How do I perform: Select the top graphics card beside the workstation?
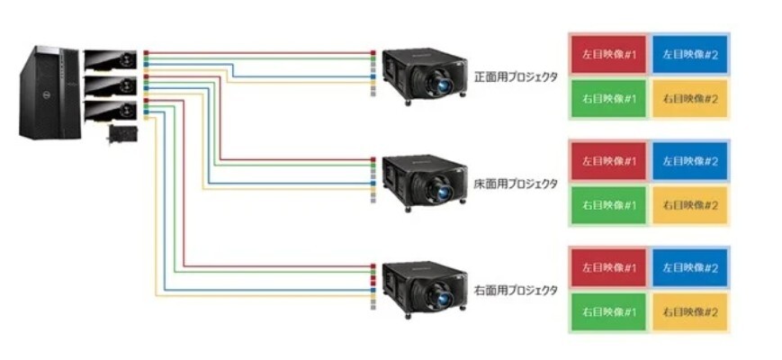tap(111, 61)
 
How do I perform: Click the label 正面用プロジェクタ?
tap(517, 77)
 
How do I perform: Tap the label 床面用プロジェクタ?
tap(516, 184)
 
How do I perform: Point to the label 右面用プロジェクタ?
tap(516, 291)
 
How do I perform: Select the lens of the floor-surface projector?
tap(444, 193)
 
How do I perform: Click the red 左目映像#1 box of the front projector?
tap(607, 55)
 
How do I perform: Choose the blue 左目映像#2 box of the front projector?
tap(689, 55)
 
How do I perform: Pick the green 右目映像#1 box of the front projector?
tap(607, 99)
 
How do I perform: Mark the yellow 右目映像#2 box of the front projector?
tap(689, 99)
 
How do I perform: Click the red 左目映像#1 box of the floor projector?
tap(607, 161)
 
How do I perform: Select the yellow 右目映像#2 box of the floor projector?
tap(689, 205)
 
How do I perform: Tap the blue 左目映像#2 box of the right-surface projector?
tap(689, 267)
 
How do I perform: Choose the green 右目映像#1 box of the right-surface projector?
tap(607, 311)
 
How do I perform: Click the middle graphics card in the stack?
tap(111, 86)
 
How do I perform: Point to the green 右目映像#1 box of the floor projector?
tap(607, 205)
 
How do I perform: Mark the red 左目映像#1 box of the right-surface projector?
tap(607, 267)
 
